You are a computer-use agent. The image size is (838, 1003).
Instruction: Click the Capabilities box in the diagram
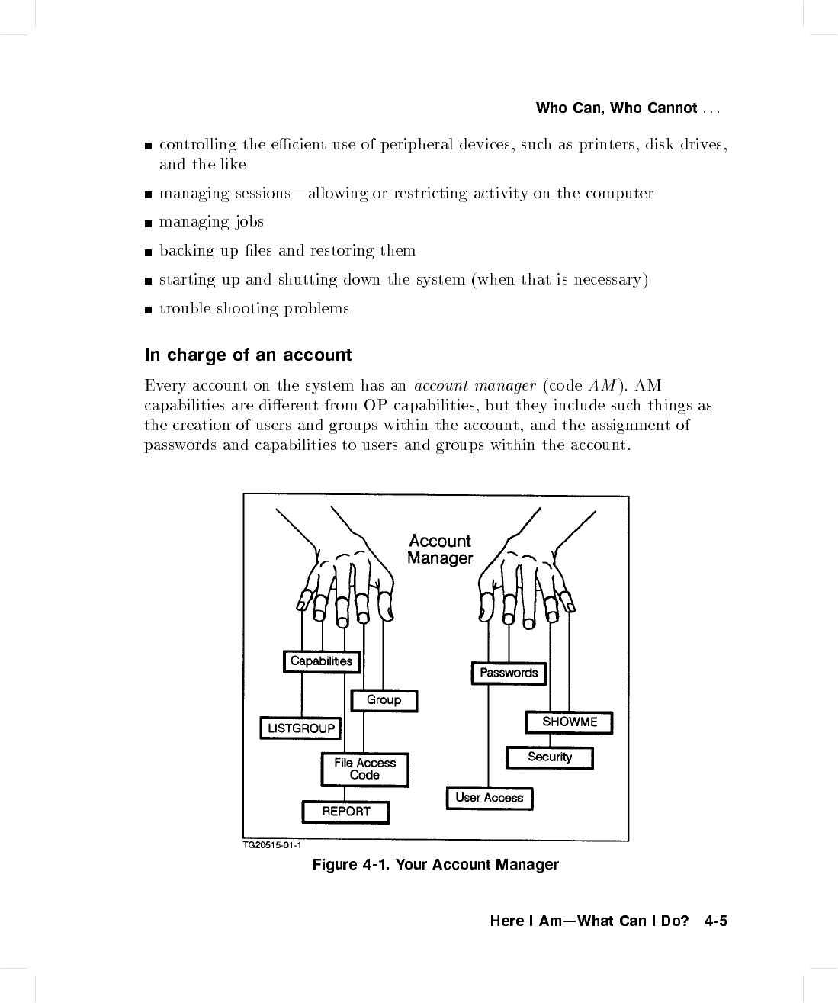pyautogui.click(x=321, y=661)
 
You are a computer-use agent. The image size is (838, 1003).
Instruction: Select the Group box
pyautogui.click(x=384, y=700)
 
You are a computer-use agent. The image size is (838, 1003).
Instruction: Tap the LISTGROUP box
pyautogui.click(x=301, y=728)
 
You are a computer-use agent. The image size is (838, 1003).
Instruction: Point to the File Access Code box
pyautogui.click(x=364, y=769)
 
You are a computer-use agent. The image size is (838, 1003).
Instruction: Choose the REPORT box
pyautogui.click(x=346, y=812)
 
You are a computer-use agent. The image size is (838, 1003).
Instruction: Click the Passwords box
pyautogui.click(x=509, y=673)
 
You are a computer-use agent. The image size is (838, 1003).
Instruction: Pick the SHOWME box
pyautogui.click(x=569, y=722)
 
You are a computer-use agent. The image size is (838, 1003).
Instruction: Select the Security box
pyautogui.click(x=549, y=757)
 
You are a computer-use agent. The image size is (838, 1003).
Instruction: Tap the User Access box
pyautogui.click(x=489, y=798)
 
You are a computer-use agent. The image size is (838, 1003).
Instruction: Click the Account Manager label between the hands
pyautogui.click(x=440, y=550)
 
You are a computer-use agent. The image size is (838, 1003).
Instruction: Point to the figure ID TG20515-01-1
pyautogui.click(x=272, y=846)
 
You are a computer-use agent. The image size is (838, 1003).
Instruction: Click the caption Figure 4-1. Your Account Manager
pyautogui.click(x=435, y=864)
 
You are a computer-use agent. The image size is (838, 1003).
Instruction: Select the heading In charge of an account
pyautogui.click(x=249, y=355)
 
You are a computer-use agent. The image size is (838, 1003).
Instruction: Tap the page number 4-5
pyautogui.click(x=716, y=921)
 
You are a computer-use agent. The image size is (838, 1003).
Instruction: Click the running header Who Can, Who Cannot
pyautogui.click(x=616, y=108)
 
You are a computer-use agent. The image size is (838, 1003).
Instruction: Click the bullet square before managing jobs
pyautogui.click(x=148, y=223)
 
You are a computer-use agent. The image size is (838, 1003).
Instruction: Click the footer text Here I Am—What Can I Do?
pyautogui.click(x=589, y=921)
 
